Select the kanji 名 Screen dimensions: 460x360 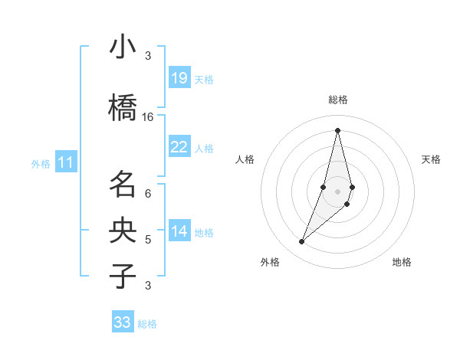(123, 185)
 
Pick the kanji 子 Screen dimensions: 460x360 (123, 277)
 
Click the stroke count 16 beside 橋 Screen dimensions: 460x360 (148, 117)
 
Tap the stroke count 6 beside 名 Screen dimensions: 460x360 (148, 193)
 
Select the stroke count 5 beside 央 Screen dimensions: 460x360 (148, 240)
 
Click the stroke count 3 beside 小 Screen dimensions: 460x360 (148, 56)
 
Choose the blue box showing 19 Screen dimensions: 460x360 (179, 78)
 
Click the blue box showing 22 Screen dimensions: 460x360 (179, 147)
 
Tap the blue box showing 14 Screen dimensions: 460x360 (179, 231)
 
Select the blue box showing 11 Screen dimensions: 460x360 (66, 162)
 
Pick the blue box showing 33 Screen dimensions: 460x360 (122, 322)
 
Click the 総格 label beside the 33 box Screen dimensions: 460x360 (147, 324)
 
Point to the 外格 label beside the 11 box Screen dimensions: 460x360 (41, 163)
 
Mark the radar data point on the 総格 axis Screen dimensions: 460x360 (337, 130)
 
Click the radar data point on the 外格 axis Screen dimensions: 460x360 (301, 242)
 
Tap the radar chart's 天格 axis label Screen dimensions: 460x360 (431, 159)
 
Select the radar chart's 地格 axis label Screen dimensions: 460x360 (402, 262)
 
